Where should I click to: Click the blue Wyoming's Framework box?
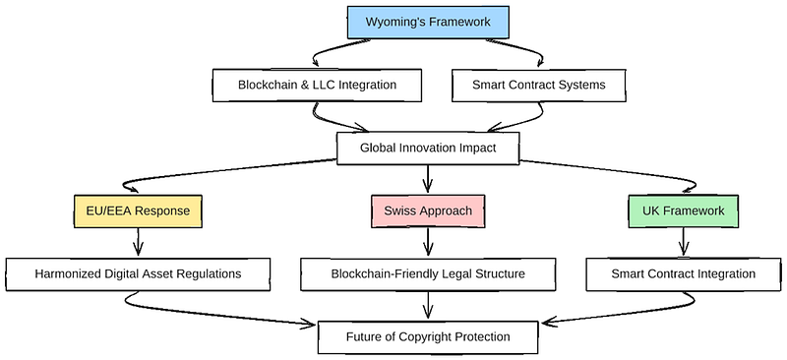(x=428, y=22)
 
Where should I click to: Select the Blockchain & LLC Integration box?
(x=317, y=85)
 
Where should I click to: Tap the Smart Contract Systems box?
(x=538, y=85)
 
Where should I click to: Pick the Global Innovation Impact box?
(x=428, y=149)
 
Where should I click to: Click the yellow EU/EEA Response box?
(x=138, y=210)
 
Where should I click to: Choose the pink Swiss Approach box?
(x=428, y=210)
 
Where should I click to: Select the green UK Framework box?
(x=683, y=210)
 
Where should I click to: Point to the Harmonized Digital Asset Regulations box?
(x=138, y=274)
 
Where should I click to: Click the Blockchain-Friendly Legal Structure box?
(x=428, y=274)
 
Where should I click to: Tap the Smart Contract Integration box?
(x=683, y=274)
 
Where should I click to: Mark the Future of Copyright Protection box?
(x=428, y=337)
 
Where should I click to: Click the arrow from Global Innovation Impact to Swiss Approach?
(x=428, y=179)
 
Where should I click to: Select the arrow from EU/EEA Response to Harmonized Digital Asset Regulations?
(x=138, y=243)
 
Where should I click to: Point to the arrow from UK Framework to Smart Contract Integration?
(x=683, y=243)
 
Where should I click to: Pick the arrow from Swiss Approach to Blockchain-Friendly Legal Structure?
(x=428, y=243)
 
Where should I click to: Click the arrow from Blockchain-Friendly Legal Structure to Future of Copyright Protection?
(x=428, y=305)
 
